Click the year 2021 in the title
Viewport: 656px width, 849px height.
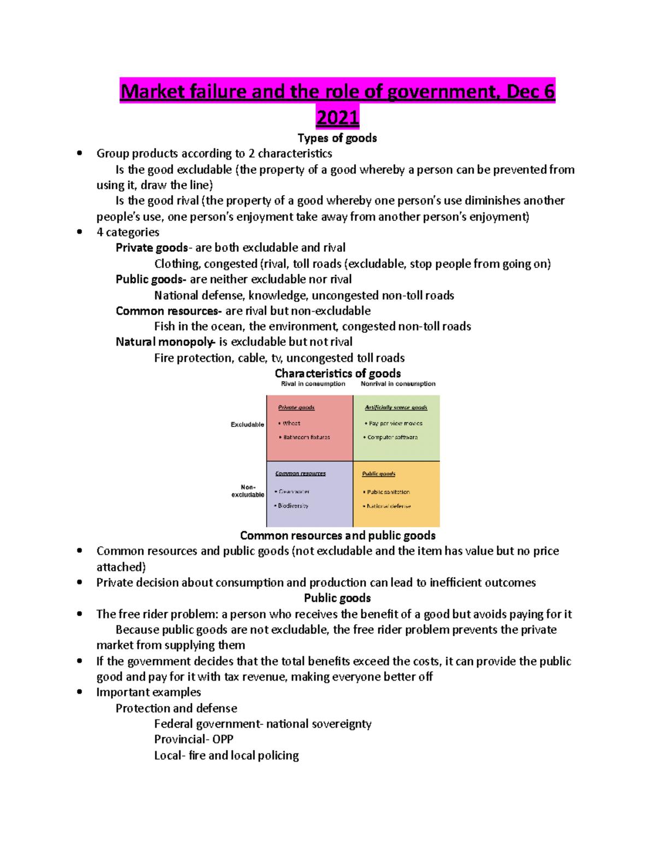[x=337, y=118]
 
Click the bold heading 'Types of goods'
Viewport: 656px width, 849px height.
[x=337, y=138]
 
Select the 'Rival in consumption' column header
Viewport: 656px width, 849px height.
[x=313, y=384]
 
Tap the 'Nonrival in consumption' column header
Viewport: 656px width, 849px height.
[x=398, y=384]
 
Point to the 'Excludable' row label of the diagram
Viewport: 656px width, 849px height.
[x=247, y=424]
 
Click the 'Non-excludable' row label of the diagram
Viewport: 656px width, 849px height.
[x=248, y=491]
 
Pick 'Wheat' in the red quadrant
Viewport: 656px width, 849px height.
[x=291, y=423]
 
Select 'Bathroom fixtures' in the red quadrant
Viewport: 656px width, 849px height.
[x=306, y=437]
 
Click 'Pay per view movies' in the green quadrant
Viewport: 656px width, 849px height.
[x=395, y=423]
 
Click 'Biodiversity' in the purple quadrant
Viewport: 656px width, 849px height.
[x=293, y=506]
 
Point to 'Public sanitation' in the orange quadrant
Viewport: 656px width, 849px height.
[x=388, y=492]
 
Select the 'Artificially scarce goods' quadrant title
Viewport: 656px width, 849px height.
[x=396, y=407]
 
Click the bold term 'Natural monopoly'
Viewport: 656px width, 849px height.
[x=165, y=342]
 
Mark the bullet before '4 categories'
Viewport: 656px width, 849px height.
[x=80, y=232]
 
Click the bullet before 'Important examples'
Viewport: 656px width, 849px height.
[x=80, y=692]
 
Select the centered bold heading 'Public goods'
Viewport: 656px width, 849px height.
[x=337, y=598]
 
